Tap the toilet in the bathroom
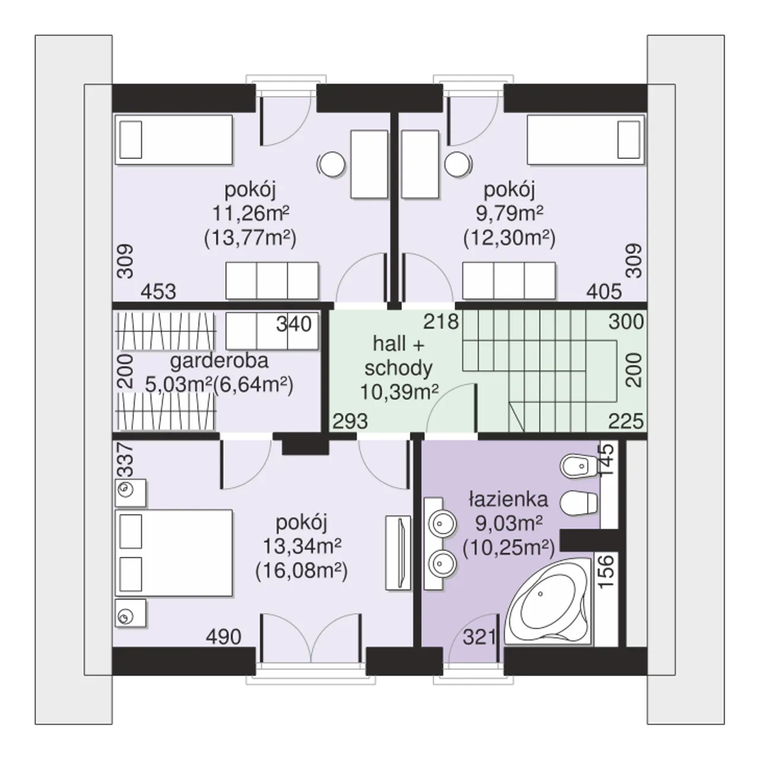578,503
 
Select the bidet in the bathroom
579,466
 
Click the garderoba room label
219,361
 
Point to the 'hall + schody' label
398,356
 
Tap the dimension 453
158,292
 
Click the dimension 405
604,292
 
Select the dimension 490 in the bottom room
224,637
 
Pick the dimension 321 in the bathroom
479,637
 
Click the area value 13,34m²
302,546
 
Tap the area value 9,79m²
510,213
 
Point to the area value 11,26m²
251,213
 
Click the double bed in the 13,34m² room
174,553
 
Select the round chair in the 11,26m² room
332,164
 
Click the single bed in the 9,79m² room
586,140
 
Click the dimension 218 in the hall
441,322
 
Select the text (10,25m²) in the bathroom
509,547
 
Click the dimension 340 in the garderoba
294,324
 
